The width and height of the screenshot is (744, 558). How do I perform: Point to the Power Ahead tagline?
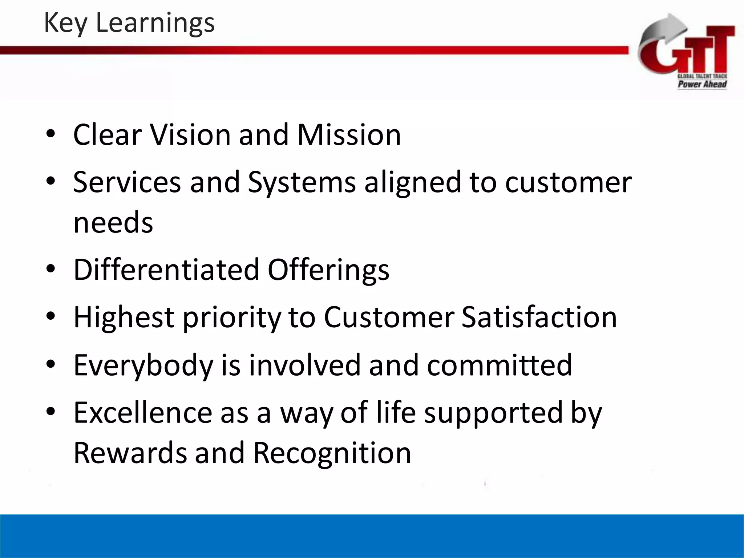[x=702, y=84]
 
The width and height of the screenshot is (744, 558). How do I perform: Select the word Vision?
[x=191, y=135]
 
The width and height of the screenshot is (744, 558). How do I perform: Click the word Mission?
[x=349, y=135]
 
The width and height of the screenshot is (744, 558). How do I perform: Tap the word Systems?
[x=302, y=182]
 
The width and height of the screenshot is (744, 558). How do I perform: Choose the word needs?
[x=113, y=222]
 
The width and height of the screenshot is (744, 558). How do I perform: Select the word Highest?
[x=124, y=318]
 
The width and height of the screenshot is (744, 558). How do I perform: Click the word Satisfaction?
[x=539, y=317]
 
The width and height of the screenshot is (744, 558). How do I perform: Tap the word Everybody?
[x=143, y=365]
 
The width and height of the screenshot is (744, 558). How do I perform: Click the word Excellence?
[x=143, y=413]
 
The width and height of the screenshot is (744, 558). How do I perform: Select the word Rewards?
[x=130, y=453]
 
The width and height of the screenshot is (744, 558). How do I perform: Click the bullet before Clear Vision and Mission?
[x=50, y=134]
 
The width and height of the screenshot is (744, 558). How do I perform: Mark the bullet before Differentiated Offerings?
[x=50, y=269]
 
